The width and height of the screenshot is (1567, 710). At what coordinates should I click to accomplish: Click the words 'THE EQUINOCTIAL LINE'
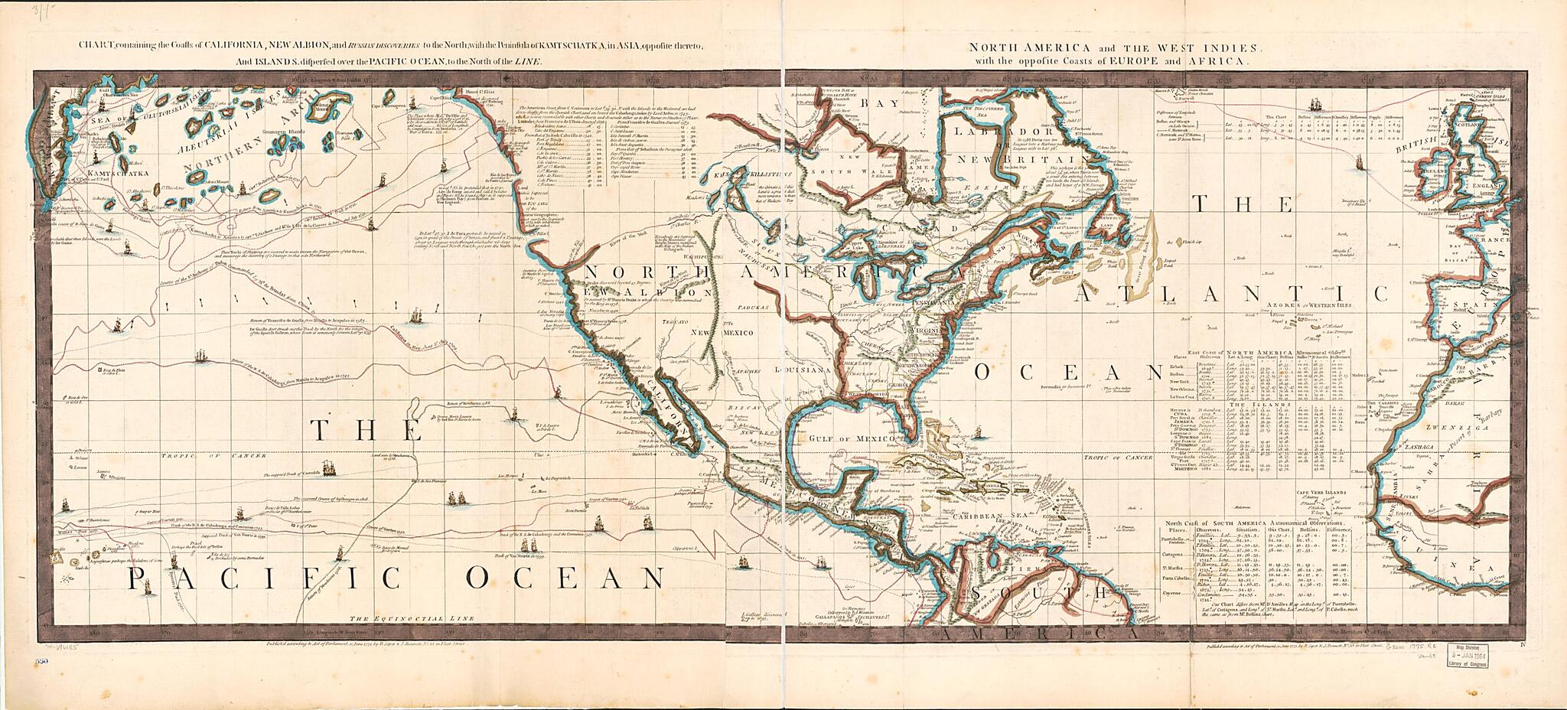pyautogui.click(x=412, y=618)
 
